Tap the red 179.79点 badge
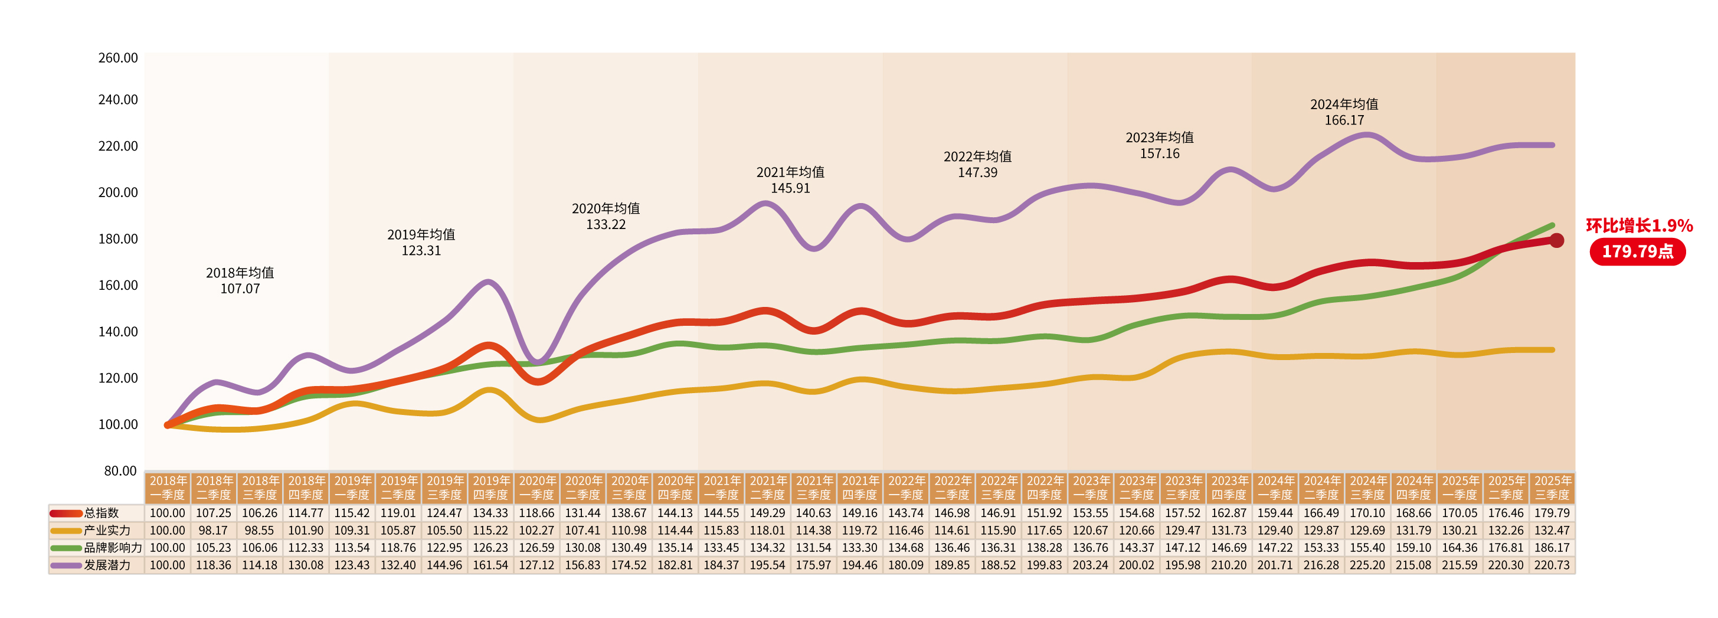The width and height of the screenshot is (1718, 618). [x=1637, y=252]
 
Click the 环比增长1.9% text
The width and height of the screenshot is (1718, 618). [x=1639, y=226]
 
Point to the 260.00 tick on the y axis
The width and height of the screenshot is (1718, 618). [x=118, y=58]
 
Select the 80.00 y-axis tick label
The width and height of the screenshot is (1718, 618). [x=120, y=470]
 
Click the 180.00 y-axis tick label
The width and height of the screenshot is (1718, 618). [x=118, y=238]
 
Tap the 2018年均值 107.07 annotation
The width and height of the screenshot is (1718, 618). [x=240, y=280]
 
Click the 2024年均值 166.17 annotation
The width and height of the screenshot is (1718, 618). [x=1344, y=112]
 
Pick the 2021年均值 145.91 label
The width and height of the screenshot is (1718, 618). [x=790, y=180]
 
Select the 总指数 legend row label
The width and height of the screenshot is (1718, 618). [x=102, y=513]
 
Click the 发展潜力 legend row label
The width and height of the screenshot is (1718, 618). [x=107, y=565]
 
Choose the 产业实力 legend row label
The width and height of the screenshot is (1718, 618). [x=107, y=530]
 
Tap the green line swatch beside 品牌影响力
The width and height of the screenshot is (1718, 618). [x=66, y=548]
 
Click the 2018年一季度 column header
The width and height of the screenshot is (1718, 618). [x=168, y=488]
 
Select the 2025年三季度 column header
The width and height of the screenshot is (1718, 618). [x=1552, y=488]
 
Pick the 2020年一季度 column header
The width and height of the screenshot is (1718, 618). [x=537, y=488]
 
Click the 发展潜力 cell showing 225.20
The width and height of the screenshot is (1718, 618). [x=1367, y=565]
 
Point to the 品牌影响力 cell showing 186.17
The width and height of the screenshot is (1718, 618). [x=1552, y=547]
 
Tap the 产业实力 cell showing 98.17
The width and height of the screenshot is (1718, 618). [x=214, y=530]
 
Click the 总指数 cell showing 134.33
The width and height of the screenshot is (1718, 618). [x=490, y=513]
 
